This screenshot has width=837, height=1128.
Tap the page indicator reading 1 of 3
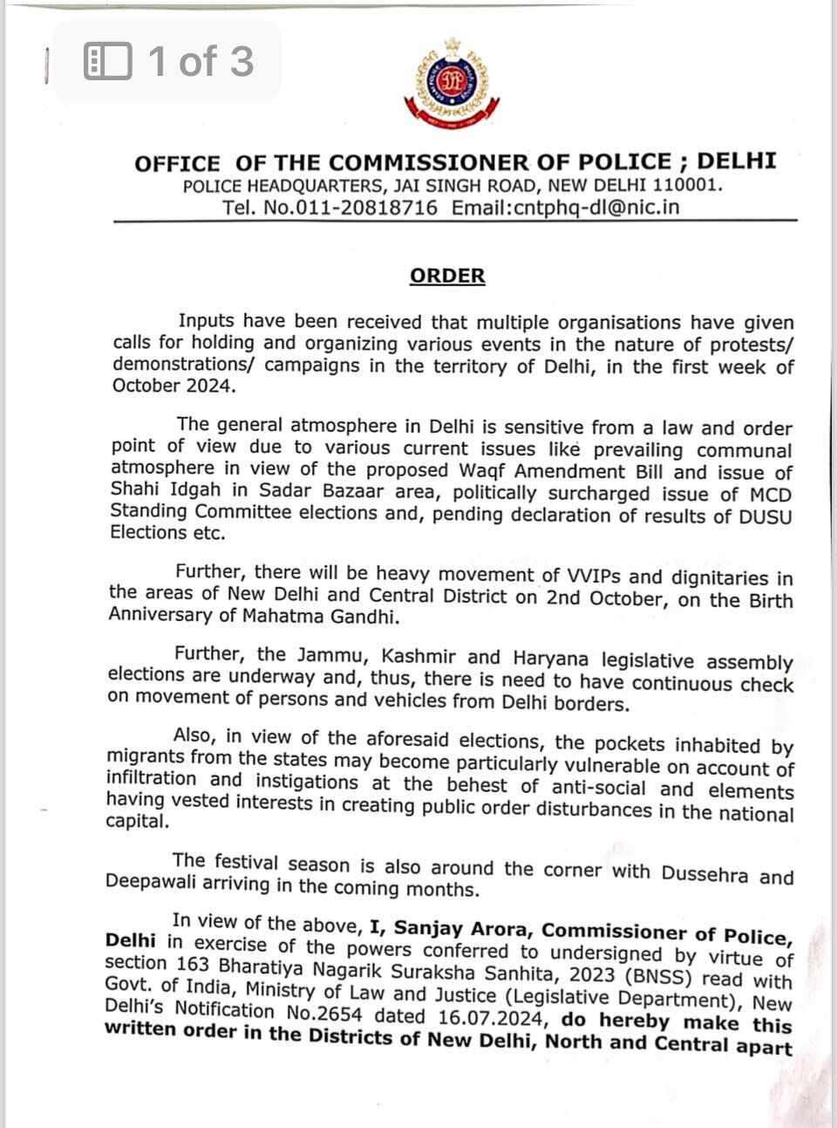pyautogui.click(x=201, y=61)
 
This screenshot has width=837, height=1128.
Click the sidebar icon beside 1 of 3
pyautogui.click(x=108, y=61)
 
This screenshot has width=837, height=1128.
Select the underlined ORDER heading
pyautogui.click(x=447, y=276)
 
